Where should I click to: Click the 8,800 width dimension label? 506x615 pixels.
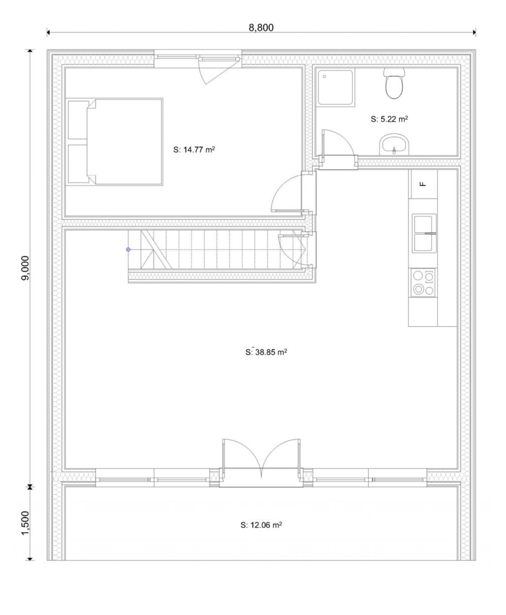pyautogui.click(x=261, y=27)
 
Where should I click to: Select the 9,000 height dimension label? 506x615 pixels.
pyautogui.click(x=25, y=268)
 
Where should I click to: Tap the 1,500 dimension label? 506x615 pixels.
pyautogui.click(x=25, y=523)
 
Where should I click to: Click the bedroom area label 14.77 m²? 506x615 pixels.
pyautogui.click(x=194, y=149)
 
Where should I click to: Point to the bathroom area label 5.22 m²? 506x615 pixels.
pyautogui.click(x=389, y=119)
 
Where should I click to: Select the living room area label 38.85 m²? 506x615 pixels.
pyautogui.click(x=266, y=352)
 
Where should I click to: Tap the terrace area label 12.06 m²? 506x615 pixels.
pyautogui.click(x=261, y=525)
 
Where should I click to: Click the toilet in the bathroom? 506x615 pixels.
pyautogui.click(x=394, y=83)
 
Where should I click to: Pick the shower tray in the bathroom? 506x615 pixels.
pyautogui.click(x=336, y=87)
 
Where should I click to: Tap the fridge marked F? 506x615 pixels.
pyautogui.click(x=423, y=184)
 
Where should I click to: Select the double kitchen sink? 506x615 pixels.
pyautogui.click(x=423, y=233)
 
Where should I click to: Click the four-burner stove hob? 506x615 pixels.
pyautogui.click(x=423, y=282)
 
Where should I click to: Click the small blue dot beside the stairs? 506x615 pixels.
pyautogui.click(x=128, y=250)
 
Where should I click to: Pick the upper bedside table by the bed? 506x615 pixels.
pyautogui.click(x=77, y=120)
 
